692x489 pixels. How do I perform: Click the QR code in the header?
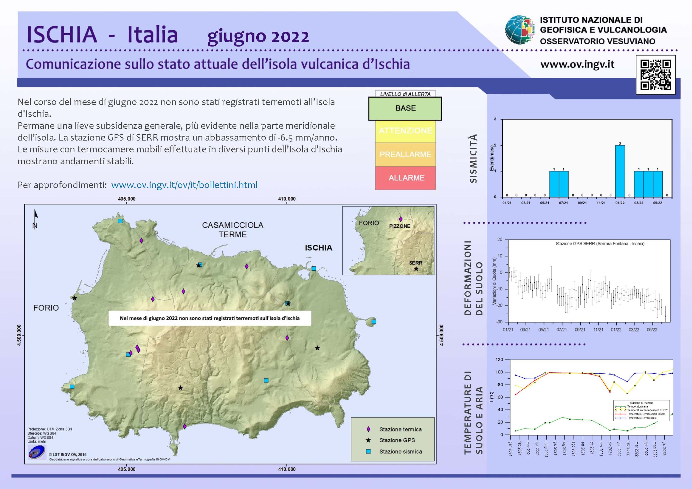655,75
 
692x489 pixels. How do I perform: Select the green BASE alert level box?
405,108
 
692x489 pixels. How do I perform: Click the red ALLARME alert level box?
405,178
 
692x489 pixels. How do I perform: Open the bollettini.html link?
184,185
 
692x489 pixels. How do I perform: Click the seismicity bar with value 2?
620,171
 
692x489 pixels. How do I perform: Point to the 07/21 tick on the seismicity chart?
563,203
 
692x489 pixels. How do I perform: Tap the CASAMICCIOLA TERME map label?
233,230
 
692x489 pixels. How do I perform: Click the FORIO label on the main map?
46,308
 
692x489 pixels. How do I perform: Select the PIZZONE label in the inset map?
400,226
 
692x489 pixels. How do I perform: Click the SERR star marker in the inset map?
416,269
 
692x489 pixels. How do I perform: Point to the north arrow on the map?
36,219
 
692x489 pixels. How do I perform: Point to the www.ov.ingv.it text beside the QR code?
577,65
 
